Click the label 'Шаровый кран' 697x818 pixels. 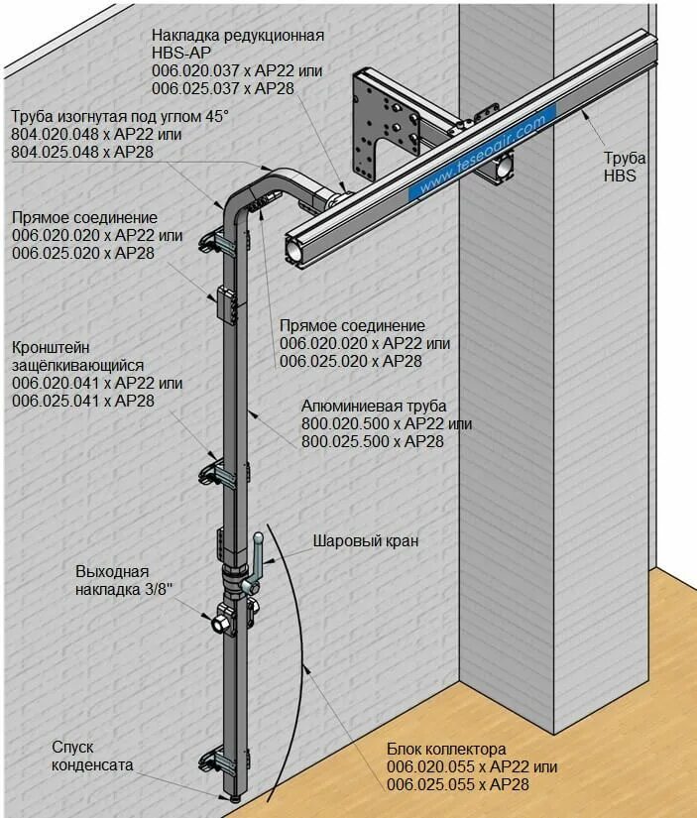366,541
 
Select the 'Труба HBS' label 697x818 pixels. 626,167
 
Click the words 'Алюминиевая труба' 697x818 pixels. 374,407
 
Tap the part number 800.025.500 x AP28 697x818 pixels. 373,441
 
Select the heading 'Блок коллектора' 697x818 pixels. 446,749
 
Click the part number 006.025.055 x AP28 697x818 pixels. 458,784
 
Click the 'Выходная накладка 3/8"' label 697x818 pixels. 124,581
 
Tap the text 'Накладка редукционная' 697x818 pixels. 238,36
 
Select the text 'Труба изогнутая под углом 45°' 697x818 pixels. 120,116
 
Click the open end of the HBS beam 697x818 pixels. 297,249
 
